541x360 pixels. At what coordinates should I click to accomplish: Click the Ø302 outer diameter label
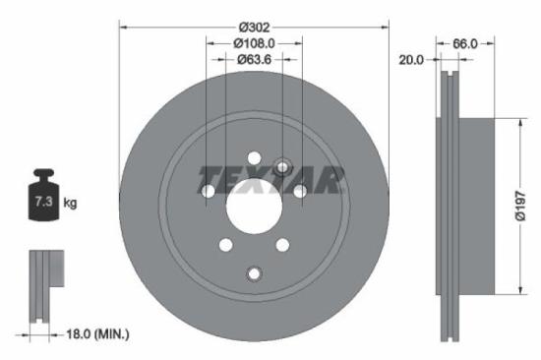coord(254,28)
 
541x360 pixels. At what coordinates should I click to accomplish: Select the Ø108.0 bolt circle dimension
coord(254,43)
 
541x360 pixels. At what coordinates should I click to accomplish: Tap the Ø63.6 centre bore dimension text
coord(254,59)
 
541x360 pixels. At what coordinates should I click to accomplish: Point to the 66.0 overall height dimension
coord(465,43)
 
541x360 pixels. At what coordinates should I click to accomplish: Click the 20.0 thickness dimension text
coord(411,60)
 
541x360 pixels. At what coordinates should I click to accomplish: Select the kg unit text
coord(70,203)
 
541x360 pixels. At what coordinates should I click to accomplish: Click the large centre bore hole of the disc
coord(254,207)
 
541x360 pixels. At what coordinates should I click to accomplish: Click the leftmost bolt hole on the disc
coord(209,191)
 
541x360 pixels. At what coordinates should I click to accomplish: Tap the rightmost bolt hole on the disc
coord(299,191)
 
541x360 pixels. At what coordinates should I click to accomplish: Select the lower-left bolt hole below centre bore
coord(226,245)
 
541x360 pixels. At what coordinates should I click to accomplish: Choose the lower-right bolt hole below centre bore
coord(282,245)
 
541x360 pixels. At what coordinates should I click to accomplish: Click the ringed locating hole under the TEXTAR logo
coord(282,167)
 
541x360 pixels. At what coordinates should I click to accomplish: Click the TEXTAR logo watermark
coord(271,180)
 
